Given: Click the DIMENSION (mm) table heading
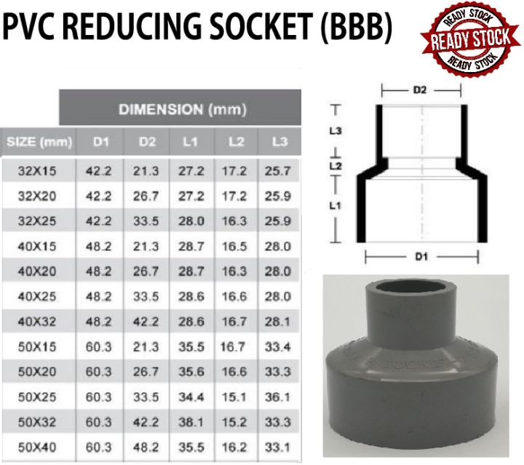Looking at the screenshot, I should pyautogui.click(x=183, y=110).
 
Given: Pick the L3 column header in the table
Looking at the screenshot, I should pyautogui.click(x=278, y=140).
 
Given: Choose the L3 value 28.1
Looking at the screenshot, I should pyautogui.click(x=278, y=320).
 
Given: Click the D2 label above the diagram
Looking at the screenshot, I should pyautogui.click(x=420, y=90).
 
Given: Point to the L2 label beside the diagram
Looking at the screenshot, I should pyautogui.click(x=336, y=167).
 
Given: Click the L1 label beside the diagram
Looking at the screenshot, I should pyautogui.click(x=336, y=206).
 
